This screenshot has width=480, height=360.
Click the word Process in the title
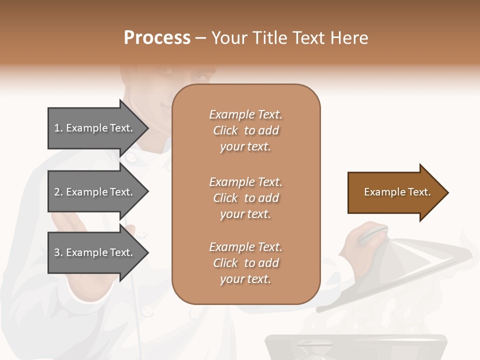pos(157,38)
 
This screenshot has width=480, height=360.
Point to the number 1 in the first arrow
pos(57,128)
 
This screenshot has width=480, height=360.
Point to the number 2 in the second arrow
pos(57,192)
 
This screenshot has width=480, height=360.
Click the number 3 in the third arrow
pos(57,252)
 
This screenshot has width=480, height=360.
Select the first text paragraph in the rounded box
pos(245,130)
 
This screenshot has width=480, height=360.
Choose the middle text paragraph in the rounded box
pos(245,198)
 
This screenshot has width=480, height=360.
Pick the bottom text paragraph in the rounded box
pos(245,263)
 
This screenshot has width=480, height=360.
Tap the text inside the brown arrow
pos(397,192)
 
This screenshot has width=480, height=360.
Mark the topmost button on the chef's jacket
pos(131,158)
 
